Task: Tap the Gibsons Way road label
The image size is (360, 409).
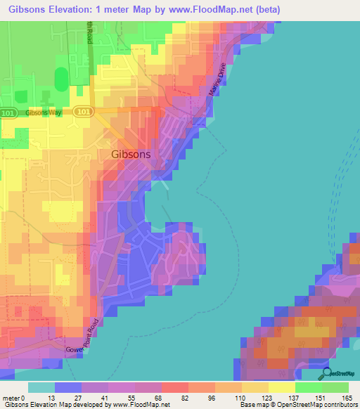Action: tap(44, 112)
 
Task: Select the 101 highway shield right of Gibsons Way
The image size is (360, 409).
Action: tap(83, 112)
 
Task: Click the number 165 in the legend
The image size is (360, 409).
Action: tap(345, 397)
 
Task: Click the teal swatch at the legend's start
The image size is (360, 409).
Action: tap(41, 387)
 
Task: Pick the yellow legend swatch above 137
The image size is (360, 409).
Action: tap(282, 387)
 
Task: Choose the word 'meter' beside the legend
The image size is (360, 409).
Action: tap(12, 397)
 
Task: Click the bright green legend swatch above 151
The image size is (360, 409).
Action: tap(309, 387)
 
